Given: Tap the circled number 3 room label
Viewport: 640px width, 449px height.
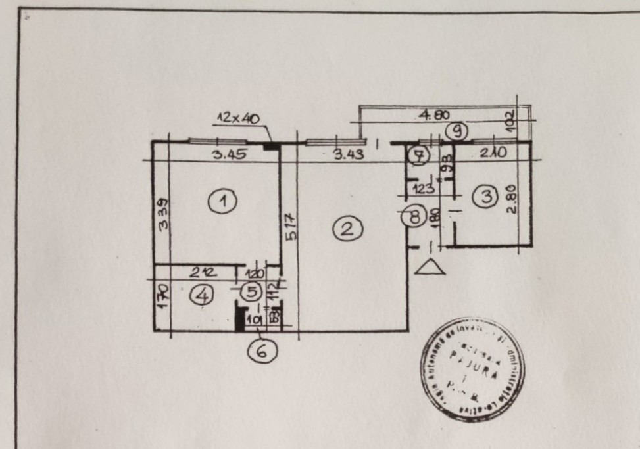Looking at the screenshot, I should pos(486,196).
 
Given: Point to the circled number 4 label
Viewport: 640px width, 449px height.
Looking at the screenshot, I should pos(201,296).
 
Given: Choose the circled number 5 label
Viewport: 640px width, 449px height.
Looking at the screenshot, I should pos(250,290).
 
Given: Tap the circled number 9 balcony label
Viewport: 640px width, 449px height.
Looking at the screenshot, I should pos(456,131).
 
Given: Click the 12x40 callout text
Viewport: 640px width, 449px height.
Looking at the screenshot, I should pos(237,118).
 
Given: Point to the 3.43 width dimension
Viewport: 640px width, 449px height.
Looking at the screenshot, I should pos(347,156).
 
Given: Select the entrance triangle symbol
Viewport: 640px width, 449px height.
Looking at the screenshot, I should pos(430,267).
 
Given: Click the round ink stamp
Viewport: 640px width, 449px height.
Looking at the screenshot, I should pos(472,369).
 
